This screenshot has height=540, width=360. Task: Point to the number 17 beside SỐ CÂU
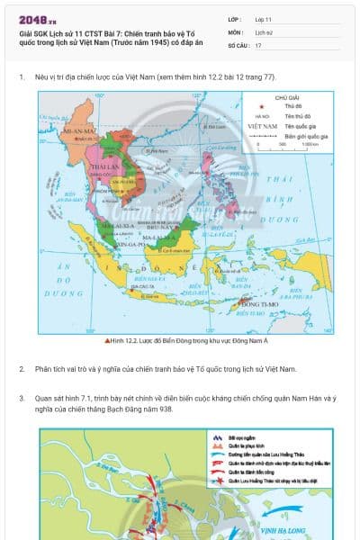(x=258, y=45)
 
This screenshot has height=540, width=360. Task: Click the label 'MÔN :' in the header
(x=236, y=31)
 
